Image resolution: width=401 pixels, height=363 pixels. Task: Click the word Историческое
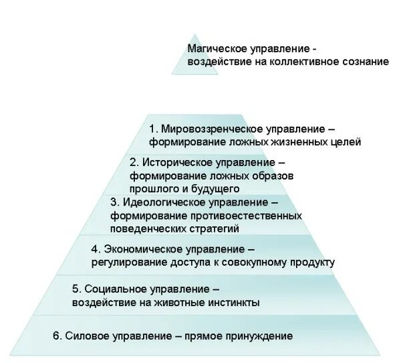click(174, 163)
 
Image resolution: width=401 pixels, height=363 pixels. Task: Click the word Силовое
click(85, 335)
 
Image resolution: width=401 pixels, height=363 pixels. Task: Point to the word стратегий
click(217, 228)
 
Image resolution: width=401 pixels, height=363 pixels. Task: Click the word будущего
click(221, 188)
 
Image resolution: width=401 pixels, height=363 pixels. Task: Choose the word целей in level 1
click(346, 142)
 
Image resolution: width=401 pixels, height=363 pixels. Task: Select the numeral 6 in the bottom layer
click(55, 335)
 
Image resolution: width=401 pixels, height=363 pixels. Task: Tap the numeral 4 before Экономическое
click(95, 249)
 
